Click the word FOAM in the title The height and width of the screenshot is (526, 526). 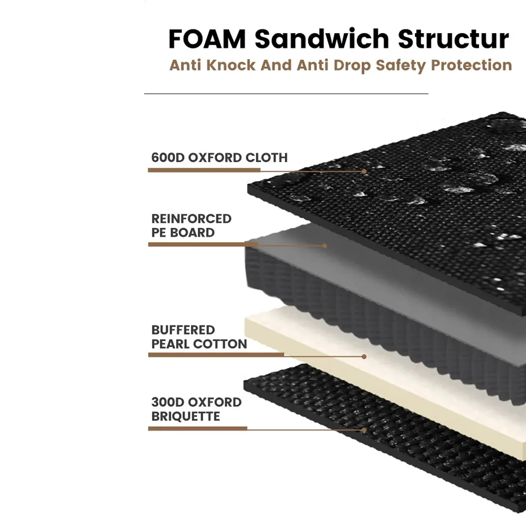207,39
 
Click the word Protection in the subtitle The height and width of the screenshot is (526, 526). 471,65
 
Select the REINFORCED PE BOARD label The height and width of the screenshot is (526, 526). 191,225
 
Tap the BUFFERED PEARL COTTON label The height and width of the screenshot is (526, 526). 199,337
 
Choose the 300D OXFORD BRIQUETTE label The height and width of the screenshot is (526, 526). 196,409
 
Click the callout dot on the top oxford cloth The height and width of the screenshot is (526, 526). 364,171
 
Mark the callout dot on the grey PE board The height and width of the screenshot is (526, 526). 325,245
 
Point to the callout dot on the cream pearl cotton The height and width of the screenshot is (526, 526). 364,357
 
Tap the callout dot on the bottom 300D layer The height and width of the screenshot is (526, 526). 364,430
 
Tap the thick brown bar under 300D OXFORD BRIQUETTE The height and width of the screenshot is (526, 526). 197,429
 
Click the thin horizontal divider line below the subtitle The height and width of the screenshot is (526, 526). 286,93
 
